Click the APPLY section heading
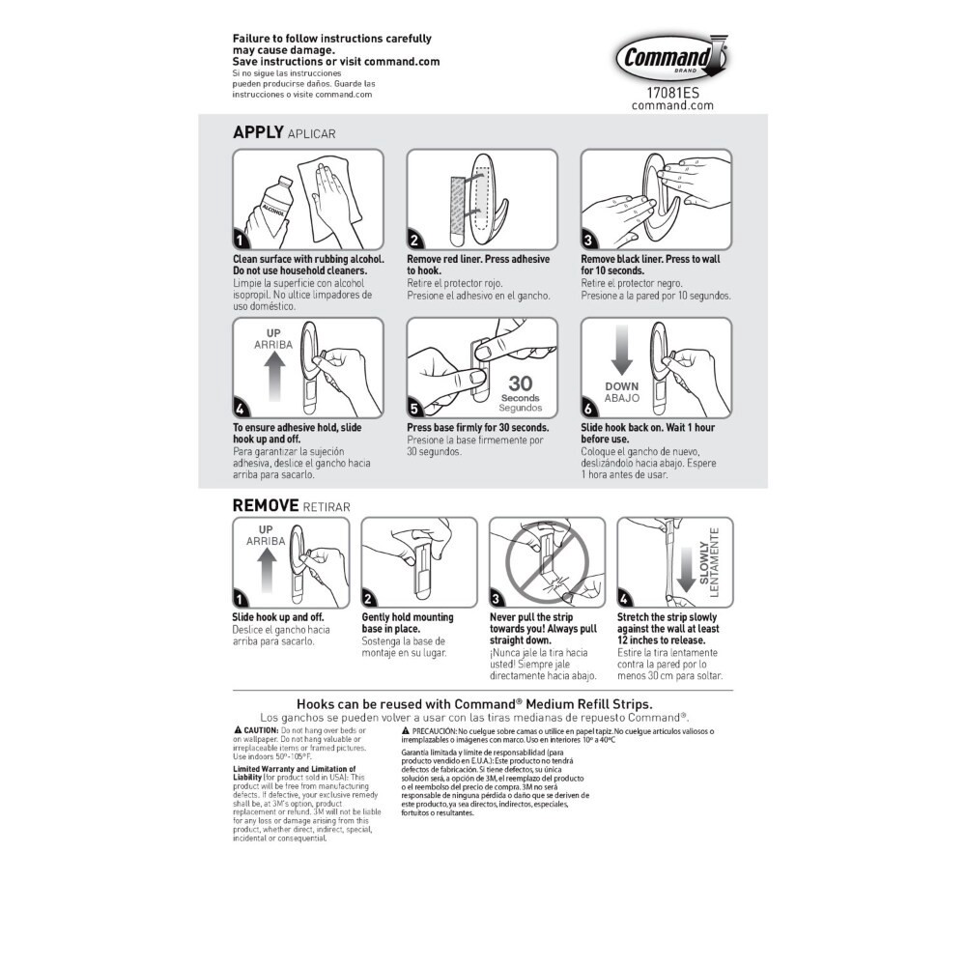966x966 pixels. [258, 132]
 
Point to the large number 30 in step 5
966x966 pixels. [521, 384]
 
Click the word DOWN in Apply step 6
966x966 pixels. [621, 386]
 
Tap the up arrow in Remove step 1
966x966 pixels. [267, 570]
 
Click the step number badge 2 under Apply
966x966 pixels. [414, 241]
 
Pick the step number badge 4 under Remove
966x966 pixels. [624, 599]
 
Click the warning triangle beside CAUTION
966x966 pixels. [238, 730]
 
